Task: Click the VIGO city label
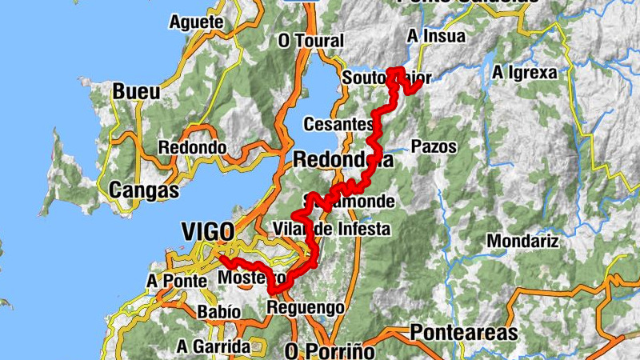[207, 232]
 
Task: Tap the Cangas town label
[143, 190]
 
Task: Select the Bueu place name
[135, 91]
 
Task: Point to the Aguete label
[196, 22]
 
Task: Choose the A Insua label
[435, 37]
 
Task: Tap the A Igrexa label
[524, 73]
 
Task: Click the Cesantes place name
[338, 125]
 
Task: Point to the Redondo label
[192, 148]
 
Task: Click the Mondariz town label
[521, 241]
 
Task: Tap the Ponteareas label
[463, 332]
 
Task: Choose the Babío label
[218, 311]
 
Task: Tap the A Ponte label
[177, 281]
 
